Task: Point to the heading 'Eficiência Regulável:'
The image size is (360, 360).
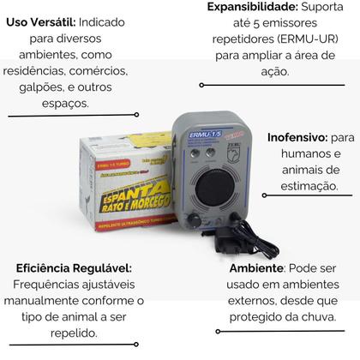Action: tap(73, 268)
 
